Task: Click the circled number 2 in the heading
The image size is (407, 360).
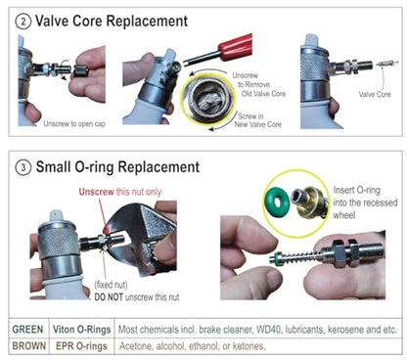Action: click(x=23, y=22)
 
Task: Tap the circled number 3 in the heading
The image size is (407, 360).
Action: click(x=23, y=167)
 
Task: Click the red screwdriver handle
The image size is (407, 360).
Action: click(x=236, y=45)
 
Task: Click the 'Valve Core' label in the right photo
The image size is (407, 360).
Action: click(x=375, y=95)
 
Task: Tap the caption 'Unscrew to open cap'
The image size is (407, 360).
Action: click(x=74, y=124)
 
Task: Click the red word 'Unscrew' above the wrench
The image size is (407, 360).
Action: click(x=96, y=192)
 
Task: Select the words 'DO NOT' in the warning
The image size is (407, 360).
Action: click(x=109, y=297)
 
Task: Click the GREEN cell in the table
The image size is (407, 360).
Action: click(x=27, y=329)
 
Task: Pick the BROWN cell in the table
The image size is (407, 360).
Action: click(x=29, y=345)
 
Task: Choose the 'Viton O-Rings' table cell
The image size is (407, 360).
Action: click(x=82, y=330)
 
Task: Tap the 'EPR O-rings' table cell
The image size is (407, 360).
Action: click(x=81, y=345)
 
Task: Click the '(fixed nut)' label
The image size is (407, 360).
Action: click(x=111, y=285)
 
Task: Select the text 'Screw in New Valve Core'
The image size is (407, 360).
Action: click(x=258, y=120)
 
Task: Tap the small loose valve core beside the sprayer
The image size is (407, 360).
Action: click(x=387, y=63)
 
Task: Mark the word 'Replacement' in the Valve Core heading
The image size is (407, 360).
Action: click(x=148, y=22)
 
